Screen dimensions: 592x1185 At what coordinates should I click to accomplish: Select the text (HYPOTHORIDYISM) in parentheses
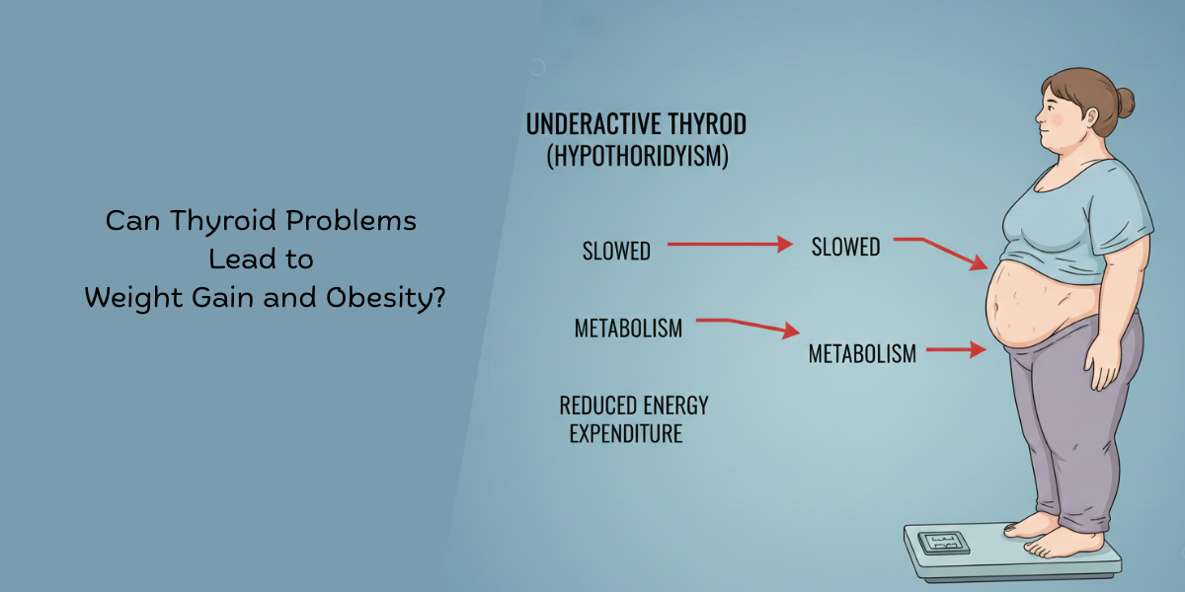coord(637,157)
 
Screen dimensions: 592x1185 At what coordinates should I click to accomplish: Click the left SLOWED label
coord(616,252)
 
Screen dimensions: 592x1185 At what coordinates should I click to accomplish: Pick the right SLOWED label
coord(845,247)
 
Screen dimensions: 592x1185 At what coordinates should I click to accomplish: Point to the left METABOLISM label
coord(628,329)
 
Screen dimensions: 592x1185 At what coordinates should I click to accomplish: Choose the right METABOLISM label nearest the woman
coord(862,353)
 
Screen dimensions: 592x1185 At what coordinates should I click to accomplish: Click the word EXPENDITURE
coord(626,433)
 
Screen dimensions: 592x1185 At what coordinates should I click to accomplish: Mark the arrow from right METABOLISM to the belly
coord(956,349)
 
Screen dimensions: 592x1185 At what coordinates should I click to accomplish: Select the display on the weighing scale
coord(939,542)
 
